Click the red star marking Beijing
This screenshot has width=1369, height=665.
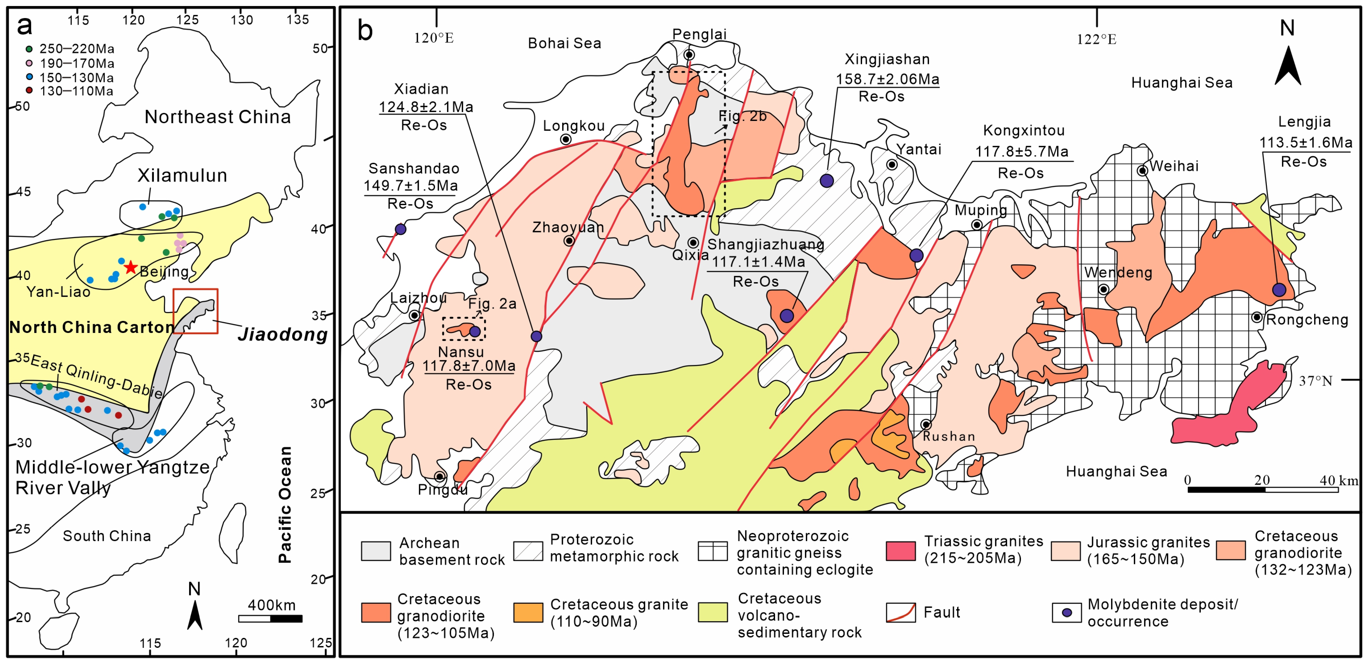click(131, 267)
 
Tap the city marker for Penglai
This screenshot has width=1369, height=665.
click(689, 55)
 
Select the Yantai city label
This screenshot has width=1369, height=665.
click(918, 150)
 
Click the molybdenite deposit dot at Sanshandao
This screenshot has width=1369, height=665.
click(401, 229)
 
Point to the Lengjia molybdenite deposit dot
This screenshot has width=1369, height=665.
click(1279, 290)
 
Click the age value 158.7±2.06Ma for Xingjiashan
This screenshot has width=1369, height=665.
click(887, 79)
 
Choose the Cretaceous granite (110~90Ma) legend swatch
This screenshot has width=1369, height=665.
click(528, 612)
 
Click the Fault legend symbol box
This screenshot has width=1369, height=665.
click(901, 612)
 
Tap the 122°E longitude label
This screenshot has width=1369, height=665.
click(1096, 39)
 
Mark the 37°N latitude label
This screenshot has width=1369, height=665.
click(1315, 381)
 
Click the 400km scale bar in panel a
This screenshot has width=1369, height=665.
click(271, 618)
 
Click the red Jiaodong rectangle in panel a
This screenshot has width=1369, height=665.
click(195, 311)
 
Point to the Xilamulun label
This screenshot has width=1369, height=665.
click(182, 176)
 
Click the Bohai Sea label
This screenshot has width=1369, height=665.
click(564, 43)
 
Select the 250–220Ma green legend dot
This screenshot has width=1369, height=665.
click(29, 49)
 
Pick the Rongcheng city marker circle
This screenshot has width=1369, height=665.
click(1256, 317)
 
